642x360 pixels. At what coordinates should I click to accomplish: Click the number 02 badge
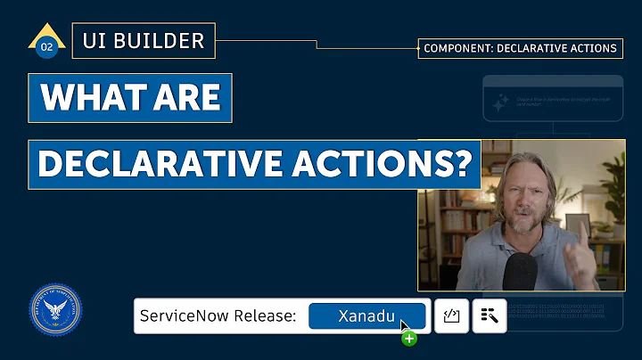pyautogui.click(x=46, y=47)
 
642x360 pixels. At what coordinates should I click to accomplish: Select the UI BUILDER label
pyautogui.click(x=143, y=40)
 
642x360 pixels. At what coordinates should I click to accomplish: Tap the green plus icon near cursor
pyautogui.click(x=409, y=338)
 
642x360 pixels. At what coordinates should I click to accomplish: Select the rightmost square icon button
pyautogui.click(x=489, y=315)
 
